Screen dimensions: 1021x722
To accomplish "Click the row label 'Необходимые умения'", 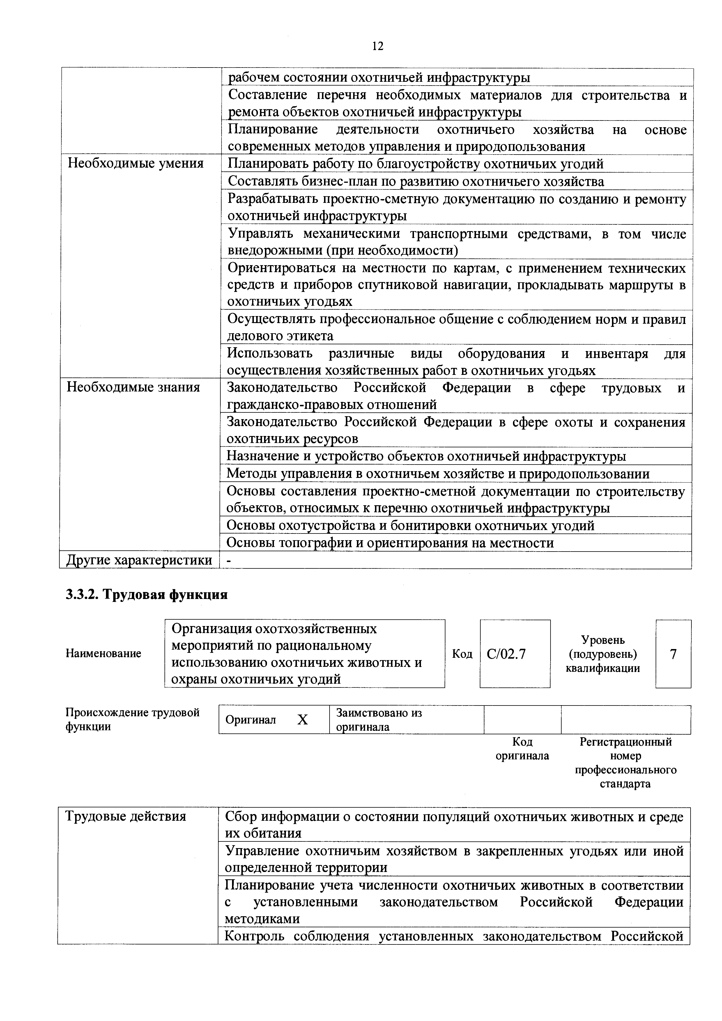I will [x=135, y=164].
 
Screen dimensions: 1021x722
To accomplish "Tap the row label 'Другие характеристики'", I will [x=139, y=560].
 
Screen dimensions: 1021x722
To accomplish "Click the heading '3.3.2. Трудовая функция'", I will [x=147, y=595].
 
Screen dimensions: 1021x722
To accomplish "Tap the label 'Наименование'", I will [x=104, y=653].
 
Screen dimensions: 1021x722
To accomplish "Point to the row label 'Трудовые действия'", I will [x=125, y=816].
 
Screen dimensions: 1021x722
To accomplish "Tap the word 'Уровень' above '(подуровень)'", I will [x=603, y=640].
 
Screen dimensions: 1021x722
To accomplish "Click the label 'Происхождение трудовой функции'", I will [x=132, y=719].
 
